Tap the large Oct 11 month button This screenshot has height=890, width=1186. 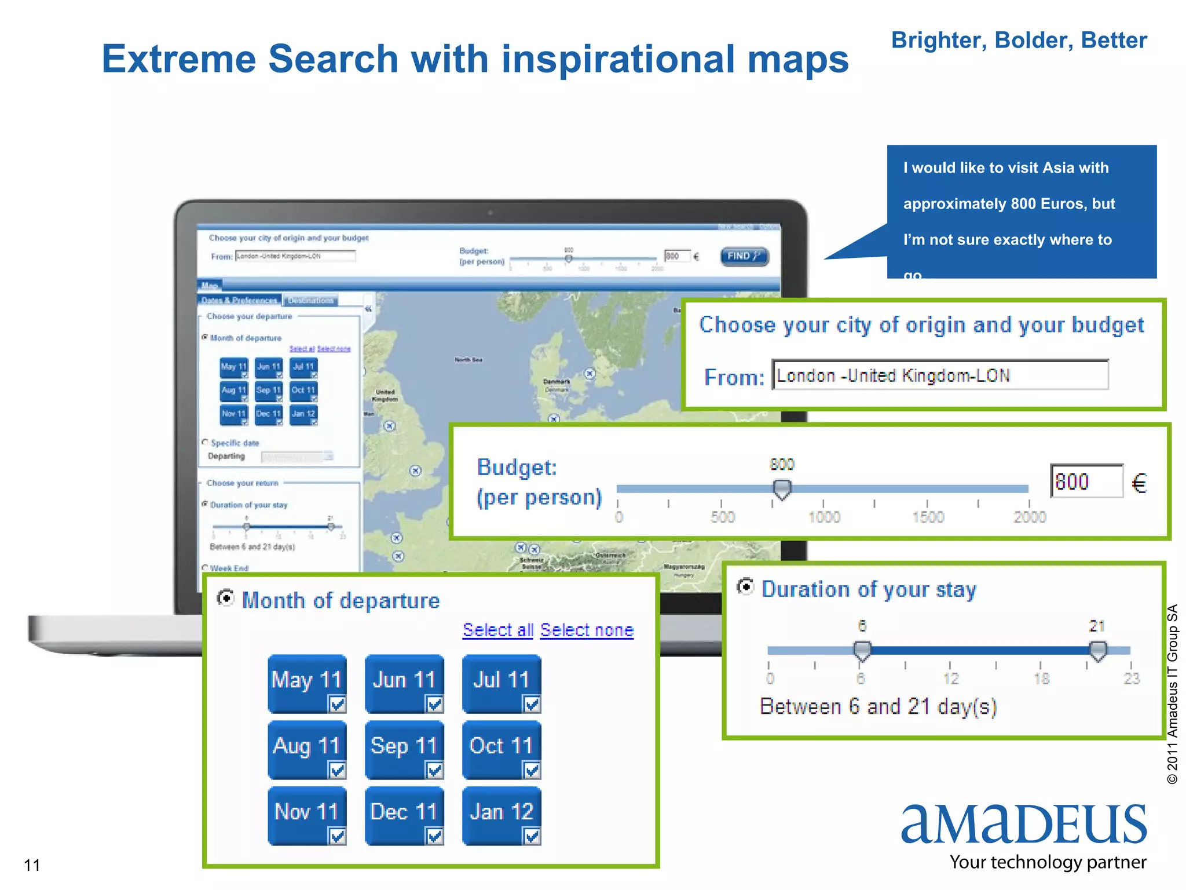pos(501,749)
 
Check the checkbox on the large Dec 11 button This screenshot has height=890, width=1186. pos(434,836)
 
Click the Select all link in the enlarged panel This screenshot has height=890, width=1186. pos(497,630)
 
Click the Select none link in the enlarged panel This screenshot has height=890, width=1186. pos(587,630)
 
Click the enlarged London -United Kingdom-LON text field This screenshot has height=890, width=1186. pos(939,375)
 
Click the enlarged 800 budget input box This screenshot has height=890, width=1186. pos(1086,481)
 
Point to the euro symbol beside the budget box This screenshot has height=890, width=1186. pos(1139,483)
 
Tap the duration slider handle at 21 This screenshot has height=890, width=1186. pos(1097,650)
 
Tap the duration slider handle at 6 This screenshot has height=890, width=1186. pos(862,650)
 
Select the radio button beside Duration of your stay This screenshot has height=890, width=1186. pos(746,588)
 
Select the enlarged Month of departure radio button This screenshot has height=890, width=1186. pos(225,597)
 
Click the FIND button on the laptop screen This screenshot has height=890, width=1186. pos(744,256)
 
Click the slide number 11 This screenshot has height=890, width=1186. pos(32,865)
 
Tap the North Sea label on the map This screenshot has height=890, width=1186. pos(468,360)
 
